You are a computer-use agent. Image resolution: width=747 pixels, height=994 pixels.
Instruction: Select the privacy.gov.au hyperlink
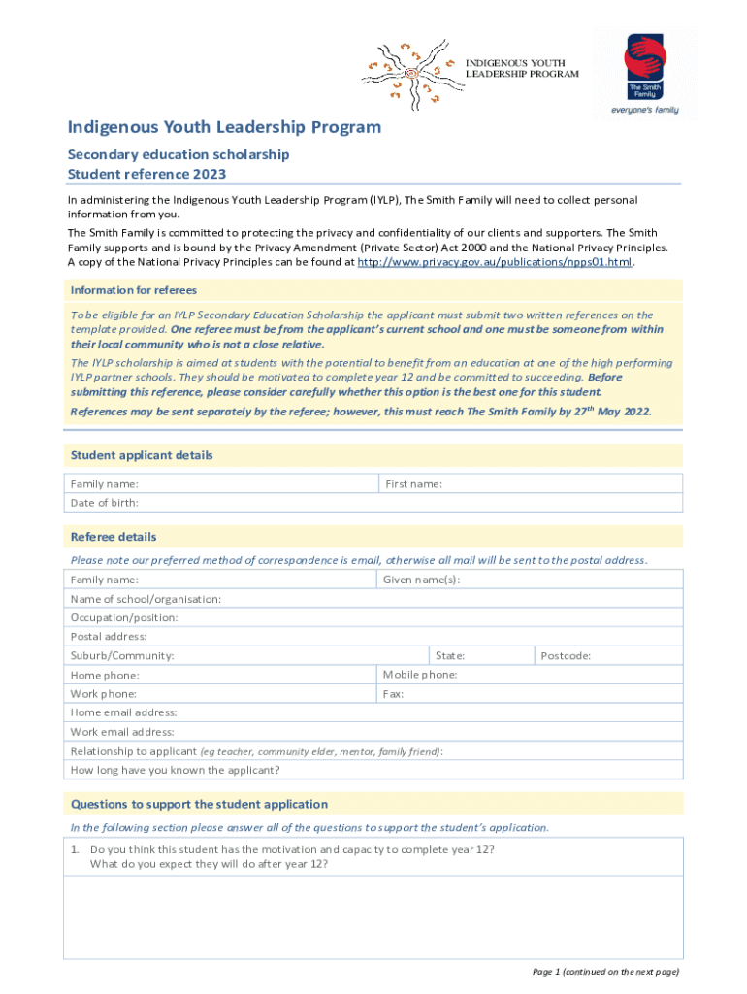[495, 262]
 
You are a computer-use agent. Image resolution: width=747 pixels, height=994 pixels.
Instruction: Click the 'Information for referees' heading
[134, 290]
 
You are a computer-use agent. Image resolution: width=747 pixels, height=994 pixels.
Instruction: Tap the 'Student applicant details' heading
[142, 455]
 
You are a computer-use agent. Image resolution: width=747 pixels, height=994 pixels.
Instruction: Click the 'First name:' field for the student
[530, 483]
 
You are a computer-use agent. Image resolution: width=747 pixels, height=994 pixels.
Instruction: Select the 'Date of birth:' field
[373, 503]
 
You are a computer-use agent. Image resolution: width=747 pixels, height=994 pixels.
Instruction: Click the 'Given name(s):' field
[530, 580]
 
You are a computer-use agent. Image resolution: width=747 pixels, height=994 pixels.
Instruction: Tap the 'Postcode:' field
[608, 655]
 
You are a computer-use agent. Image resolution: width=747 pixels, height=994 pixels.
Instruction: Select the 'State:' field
[481, 655]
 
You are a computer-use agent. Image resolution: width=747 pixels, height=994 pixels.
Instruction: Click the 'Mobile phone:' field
[530, 675]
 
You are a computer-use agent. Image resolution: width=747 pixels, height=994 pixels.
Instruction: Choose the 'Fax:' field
[530, 694]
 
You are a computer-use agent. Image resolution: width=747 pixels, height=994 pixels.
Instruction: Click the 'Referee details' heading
[114, 537]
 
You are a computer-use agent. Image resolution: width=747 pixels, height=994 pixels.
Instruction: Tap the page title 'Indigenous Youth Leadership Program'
[224, 127]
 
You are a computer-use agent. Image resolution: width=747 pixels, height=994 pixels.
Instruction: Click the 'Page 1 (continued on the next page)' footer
[605, 971]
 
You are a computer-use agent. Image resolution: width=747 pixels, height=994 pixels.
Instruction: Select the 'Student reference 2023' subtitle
[146, 174]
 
